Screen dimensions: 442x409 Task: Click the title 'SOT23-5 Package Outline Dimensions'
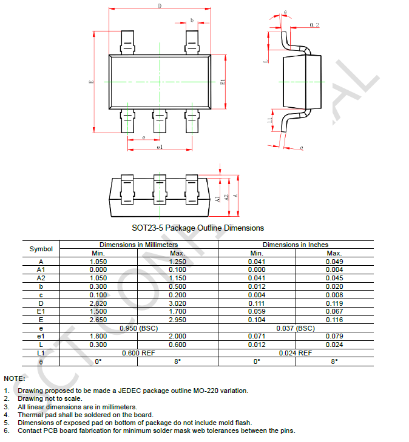[x=198, y=228]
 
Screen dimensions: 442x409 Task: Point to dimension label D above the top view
[x=160, y=6]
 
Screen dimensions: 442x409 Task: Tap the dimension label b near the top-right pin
[x=192, y=20]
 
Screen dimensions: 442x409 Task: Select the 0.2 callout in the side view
[x=314, y=25]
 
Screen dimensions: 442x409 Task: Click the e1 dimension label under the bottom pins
[x=160, y=147]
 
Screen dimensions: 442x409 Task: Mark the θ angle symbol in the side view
[x=285, y=13]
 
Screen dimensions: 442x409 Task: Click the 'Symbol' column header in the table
[x=41, y=249]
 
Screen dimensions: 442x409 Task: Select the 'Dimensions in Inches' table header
[x=296, y=245]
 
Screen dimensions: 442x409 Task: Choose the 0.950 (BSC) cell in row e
[x=138, y=328]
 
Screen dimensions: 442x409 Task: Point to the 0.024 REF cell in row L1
[x=296, y=352]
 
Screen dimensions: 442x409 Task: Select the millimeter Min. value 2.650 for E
[x=98, y=319]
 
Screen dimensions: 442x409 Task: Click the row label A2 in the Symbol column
[x=41, y=277]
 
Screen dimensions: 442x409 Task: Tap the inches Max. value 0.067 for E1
[x=334, y=311]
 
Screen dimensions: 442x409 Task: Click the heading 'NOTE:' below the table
[x=15, y=378]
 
